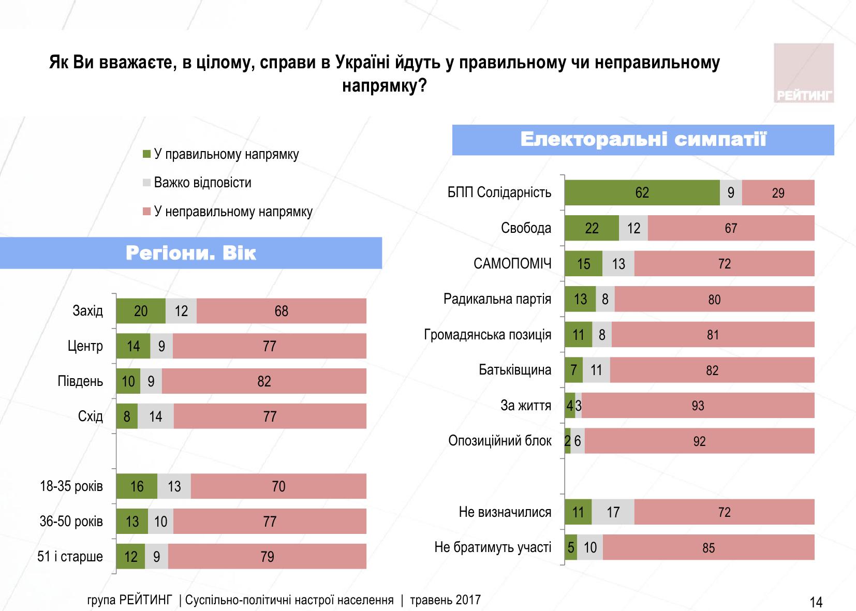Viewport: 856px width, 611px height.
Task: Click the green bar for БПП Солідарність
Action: coord(642,193)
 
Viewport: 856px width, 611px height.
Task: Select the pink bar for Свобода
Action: coord(731,228)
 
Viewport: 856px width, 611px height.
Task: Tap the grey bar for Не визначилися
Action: coord(613,512)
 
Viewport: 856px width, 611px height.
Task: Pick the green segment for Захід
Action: coord(141,311)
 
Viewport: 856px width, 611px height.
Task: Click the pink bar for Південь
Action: coord(264,381)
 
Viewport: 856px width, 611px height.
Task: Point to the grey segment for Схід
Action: coord(156,416)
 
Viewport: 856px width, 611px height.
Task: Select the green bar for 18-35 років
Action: coord(137,486)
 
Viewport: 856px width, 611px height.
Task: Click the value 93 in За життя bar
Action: coord(698,406)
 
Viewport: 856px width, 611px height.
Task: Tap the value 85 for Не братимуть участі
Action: coord(709,548)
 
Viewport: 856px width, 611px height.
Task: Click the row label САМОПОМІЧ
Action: coord(512,264)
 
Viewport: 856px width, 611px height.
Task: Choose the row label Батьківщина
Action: coord(515,370)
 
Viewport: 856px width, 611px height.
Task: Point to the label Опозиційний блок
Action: coord(500,441)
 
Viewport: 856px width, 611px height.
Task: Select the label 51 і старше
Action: coord(70,557)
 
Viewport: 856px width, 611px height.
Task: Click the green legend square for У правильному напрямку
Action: coord(146,154)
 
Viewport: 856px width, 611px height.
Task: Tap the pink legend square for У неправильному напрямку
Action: coord(146,212)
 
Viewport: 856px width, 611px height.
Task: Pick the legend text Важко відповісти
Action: coord(202,183)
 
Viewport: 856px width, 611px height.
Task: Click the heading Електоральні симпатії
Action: coord(643,140)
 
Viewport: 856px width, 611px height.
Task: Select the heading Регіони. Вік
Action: coord(190,254)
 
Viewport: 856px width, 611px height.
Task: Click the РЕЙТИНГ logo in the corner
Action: coord(804,73)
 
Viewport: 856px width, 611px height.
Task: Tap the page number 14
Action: coord(816,602)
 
